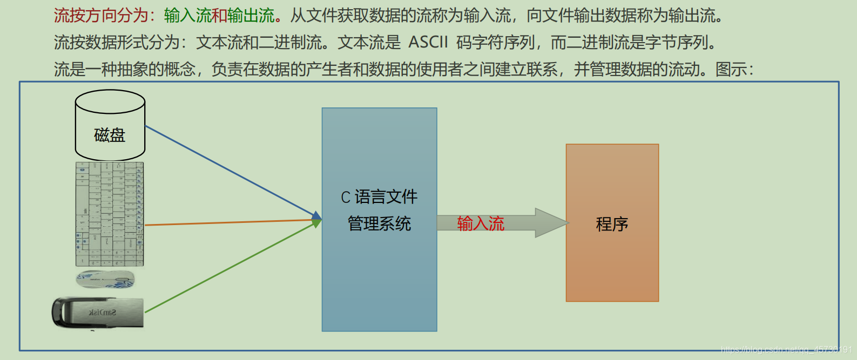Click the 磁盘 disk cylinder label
click(110, 135)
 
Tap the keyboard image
click(110, 214)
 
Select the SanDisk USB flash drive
click(98, 312)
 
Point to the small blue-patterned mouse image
click(105, 279)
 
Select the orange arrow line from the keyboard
click(227, 222)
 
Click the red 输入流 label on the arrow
click(481, 223)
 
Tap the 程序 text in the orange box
click(612, 224)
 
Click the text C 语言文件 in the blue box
click(379, 197)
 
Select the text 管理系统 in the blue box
click(379, 223)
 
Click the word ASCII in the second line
click(428, 42)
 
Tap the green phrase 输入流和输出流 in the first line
click(219, 16)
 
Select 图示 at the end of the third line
click(731, 69)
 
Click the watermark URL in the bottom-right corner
click(786, 350)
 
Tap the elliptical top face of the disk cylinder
click(110, 101)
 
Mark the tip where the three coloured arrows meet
click(320, 219)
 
